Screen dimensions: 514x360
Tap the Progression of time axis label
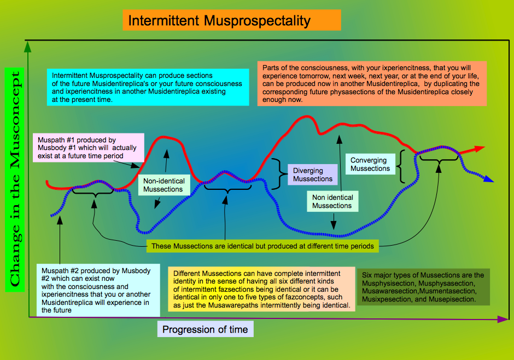coord(205,329)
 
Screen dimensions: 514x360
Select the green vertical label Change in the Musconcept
coord(15,179)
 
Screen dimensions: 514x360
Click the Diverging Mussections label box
coord(313,175)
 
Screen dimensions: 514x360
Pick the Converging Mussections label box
coord(370,164)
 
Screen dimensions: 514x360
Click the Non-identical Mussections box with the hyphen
coord(164,185)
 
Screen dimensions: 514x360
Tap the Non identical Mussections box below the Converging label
coord(332,201)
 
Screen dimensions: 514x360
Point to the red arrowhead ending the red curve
coord(479,149)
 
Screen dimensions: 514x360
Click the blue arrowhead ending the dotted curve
coord(489,179)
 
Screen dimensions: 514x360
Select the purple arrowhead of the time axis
coord(503,319)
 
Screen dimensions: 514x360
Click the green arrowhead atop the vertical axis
coord(27,47)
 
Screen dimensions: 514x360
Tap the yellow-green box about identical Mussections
coord(262,246)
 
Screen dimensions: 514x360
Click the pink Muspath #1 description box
coord(89,148)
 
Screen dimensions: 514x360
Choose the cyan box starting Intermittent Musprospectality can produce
coord(148,87)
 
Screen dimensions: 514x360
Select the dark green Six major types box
coord(423,287)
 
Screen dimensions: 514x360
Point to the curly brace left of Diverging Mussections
coord(279,174)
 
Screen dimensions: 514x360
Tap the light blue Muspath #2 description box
coord(98,290)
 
